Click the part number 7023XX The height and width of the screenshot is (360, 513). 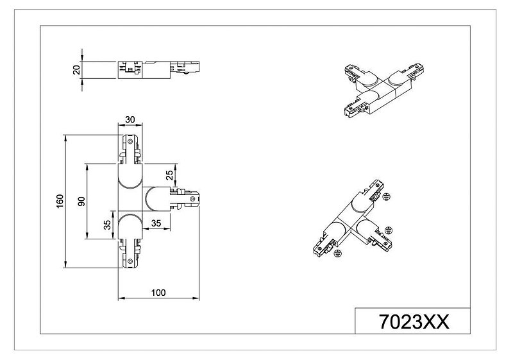(414, 321)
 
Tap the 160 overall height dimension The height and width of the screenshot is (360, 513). (60, 201)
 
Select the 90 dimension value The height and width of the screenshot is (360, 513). (82, 201)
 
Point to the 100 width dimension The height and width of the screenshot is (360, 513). (158, 292)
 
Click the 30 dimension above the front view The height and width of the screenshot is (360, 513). (130, 119)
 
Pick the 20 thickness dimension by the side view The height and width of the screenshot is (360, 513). (76, 70)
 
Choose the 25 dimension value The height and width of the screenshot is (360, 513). (169, 175)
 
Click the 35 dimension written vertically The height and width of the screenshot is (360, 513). (107, 225)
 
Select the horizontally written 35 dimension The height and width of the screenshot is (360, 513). (156, 223)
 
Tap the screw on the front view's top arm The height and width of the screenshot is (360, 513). (130, 141)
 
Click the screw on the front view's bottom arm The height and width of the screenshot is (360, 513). (130, 261)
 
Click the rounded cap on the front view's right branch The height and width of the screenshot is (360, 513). (156, 199)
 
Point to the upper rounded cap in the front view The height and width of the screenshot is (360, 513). (130, 176)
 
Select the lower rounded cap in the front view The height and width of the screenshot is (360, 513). (130, 227)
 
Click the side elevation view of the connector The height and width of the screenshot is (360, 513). (158, 70)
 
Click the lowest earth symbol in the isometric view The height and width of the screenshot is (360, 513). (338, 252)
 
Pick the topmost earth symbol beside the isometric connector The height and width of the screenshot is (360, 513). (387, 196)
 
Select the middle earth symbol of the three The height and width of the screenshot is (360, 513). (389, 230)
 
